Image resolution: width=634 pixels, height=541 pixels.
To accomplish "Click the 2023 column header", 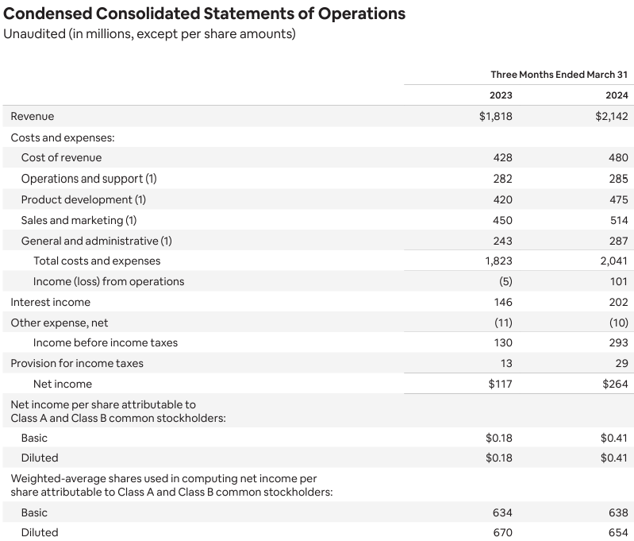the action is coord(501,95).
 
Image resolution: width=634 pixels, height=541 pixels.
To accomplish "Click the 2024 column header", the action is coord(617,95).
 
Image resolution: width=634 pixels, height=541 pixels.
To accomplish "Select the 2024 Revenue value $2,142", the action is coord(611,116).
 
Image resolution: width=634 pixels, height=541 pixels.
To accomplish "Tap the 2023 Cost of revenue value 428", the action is coord(502,157).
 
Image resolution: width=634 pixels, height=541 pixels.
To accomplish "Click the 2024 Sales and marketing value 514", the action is coord(619,220).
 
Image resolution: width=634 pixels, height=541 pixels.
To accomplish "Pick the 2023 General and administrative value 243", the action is coord(502,241).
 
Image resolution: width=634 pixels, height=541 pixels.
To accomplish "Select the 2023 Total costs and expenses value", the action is coord(498,261).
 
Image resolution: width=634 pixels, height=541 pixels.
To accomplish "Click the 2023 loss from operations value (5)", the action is coord(505,281).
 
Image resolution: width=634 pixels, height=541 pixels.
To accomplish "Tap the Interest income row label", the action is coord(51,302).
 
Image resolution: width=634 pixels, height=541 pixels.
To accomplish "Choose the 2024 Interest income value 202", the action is coord(619,302).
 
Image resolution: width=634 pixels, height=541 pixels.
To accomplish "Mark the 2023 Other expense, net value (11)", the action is coord(503,323).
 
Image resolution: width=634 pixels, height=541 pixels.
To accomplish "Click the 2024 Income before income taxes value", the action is coord(619,342).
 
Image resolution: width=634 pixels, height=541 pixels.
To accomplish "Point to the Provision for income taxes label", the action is coord(77,363).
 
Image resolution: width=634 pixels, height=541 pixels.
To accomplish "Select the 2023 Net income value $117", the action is coord(500,384).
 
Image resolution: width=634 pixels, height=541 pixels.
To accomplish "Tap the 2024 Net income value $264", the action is coord(615,384).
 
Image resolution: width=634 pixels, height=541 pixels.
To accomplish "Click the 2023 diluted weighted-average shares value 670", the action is coord(502,532).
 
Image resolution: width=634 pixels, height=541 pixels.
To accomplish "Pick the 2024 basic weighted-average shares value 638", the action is coord(619,512).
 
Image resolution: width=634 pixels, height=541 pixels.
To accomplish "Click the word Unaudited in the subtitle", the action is coord(34,33).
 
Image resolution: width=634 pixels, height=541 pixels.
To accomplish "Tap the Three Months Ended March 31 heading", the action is coord(559,75).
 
